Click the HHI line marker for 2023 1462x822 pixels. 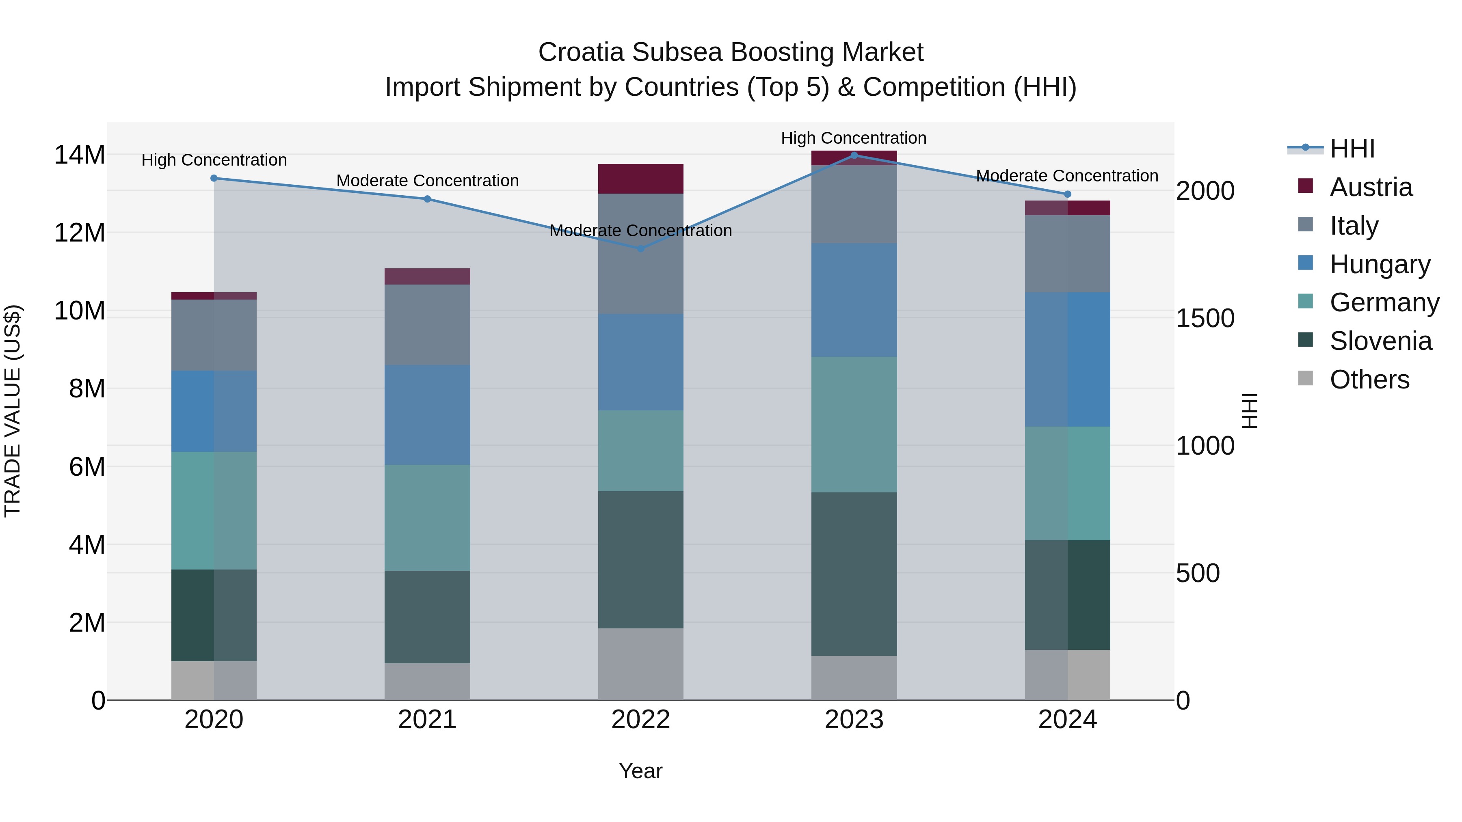point(854,155)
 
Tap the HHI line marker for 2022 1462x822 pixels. point(641,248)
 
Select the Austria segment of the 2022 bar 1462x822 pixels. point(641,179)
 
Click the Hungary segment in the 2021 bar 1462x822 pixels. point(427,415)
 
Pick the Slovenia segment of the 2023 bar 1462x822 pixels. point(854,574)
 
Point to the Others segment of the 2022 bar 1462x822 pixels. point(641,664)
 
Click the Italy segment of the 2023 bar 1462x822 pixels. point(854,204)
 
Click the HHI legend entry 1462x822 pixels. point(1352,149)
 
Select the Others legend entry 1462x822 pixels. point(1369,380)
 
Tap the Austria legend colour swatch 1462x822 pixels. point(1305,186)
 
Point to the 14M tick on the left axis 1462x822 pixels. point(80,155)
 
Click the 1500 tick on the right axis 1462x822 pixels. point(1205,318)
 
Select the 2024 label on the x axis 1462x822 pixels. point(1067,720)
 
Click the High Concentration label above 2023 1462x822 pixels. point(854,138)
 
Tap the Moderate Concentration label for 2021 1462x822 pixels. point(427,180)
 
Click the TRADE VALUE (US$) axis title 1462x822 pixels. point(13,411)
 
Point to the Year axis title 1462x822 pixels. point(641,771)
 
